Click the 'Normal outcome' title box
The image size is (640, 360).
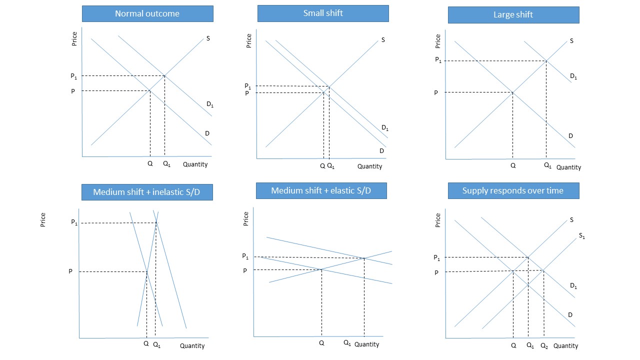coord(147,13)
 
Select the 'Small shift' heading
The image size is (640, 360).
coord(323,13)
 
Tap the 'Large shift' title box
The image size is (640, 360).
coord(513,15)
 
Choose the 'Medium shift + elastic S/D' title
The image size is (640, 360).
coord(321,190)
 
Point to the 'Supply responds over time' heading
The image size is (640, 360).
coord(513,190)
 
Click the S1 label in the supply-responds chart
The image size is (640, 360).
coord(581,235)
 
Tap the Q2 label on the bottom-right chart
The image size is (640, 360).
coord(544,345)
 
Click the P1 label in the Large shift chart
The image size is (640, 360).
coord(438,60)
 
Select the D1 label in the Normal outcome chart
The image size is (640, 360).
coord(210,104)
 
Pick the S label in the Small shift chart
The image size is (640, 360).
coord(383,39)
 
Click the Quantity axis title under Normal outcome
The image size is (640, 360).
coord(195,164)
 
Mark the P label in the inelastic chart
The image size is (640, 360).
coord(70,271)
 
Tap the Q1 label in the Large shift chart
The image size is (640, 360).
coord(548,165)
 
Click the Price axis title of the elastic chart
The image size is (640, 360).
coord(246,218)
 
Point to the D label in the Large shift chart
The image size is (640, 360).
coord(570,136)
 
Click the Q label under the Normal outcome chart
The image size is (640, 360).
coord(150,164)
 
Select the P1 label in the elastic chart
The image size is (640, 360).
coord(245,256)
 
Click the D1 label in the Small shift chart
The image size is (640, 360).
coord(385,128)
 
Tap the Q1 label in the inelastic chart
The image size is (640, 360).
coord(156,344)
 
